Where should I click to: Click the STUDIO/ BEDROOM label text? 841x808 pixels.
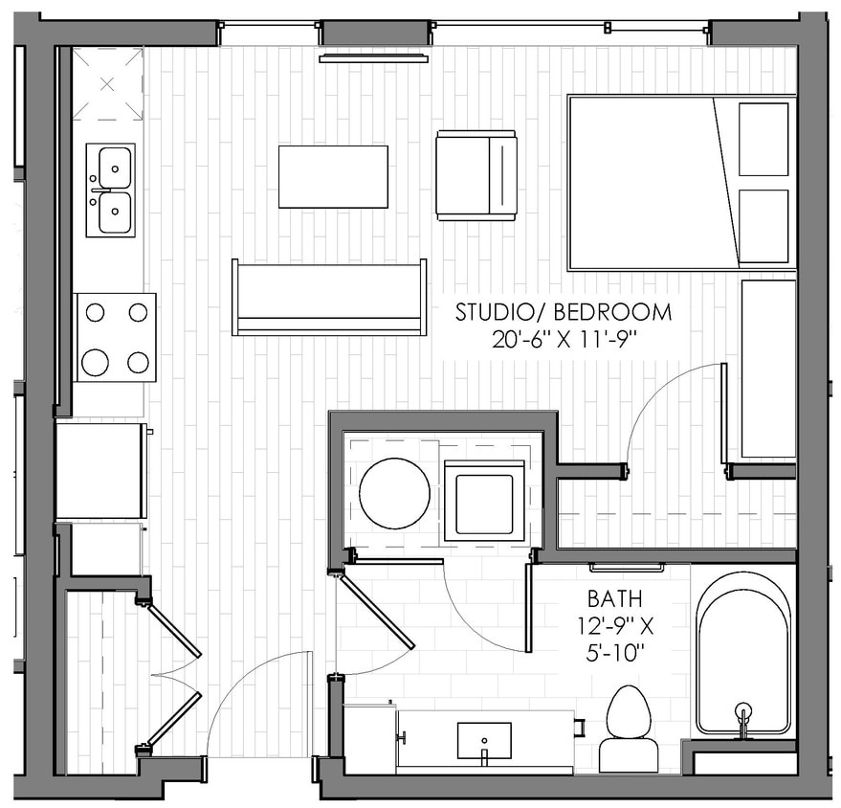coord(563,312)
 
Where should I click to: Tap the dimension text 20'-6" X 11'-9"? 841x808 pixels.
coord(563,338)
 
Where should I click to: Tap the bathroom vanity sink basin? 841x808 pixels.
coord(483,740)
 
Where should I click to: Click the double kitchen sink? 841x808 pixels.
coord(110,190)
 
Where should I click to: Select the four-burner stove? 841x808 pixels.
coord(116,337)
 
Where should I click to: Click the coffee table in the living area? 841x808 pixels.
coord(333,176)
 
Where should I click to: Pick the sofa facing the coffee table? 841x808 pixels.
coord(329,298)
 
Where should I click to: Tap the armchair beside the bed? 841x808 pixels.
coord(476,175)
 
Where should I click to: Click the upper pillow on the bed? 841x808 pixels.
coord(764,140)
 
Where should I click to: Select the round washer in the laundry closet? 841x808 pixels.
coord(394,494)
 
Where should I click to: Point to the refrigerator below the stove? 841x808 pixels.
coord(100,471)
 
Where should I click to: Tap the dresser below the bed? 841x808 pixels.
coord(768,369)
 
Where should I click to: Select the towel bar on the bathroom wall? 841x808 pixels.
coord(627,568)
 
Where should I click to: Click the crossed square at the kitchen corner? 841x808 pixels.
coord(107,84)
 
